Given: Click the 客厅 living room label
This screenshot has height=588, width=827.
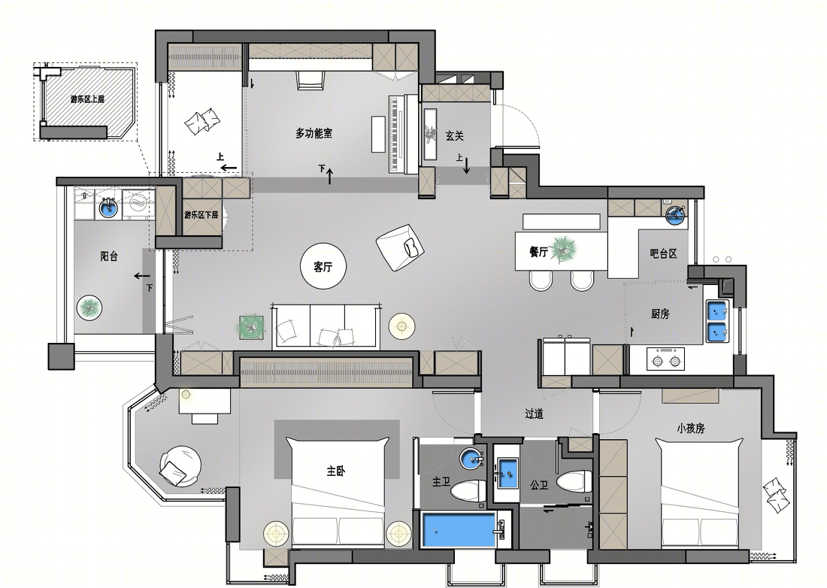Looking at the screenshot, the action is [323, 267].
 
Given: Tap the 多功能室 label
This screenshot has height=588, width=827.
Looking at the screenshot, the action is [314, 133].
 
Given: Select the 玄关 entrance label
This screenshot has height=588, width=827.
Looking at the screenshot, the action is [454, 136].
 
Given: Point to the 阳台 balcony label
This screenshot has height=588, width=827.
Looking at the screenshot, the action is [109, 256].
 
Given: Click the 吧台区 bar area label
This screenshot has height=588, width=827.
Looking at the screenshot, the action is [664, 253].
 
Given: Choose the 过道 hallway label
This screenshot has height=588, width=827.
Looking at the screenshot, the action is [534, 414].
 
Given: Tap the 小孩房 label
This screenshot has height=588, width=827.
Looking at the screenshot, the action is [691, 428].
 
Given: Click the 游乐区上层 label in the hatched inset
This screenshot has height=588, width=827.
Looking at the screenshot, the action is [87, 99].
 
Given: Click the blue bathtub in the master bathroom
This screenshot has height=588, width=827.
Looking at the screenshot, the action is [459, 531].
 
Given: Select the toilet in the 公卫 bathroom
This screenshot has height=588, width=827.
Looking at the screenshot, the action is [574, 483].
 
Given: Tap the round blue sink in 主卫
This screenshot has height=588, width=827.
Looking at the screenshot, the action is [471, 458].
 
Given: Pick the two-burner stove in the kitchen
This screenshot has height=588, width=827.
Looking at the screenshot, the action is [665, 359].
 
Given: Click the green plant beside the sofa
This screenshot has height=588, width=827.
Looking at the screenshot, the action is [252, 328].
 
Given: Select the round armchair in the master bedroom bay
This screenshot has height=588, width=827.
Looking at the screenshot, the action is [180, 465].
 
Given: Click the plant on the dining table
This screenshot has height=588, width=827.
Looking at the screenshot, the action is [563, 250].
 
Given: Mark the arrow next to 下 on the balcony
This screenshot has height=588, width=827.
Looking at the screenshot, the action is [142, 276].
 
